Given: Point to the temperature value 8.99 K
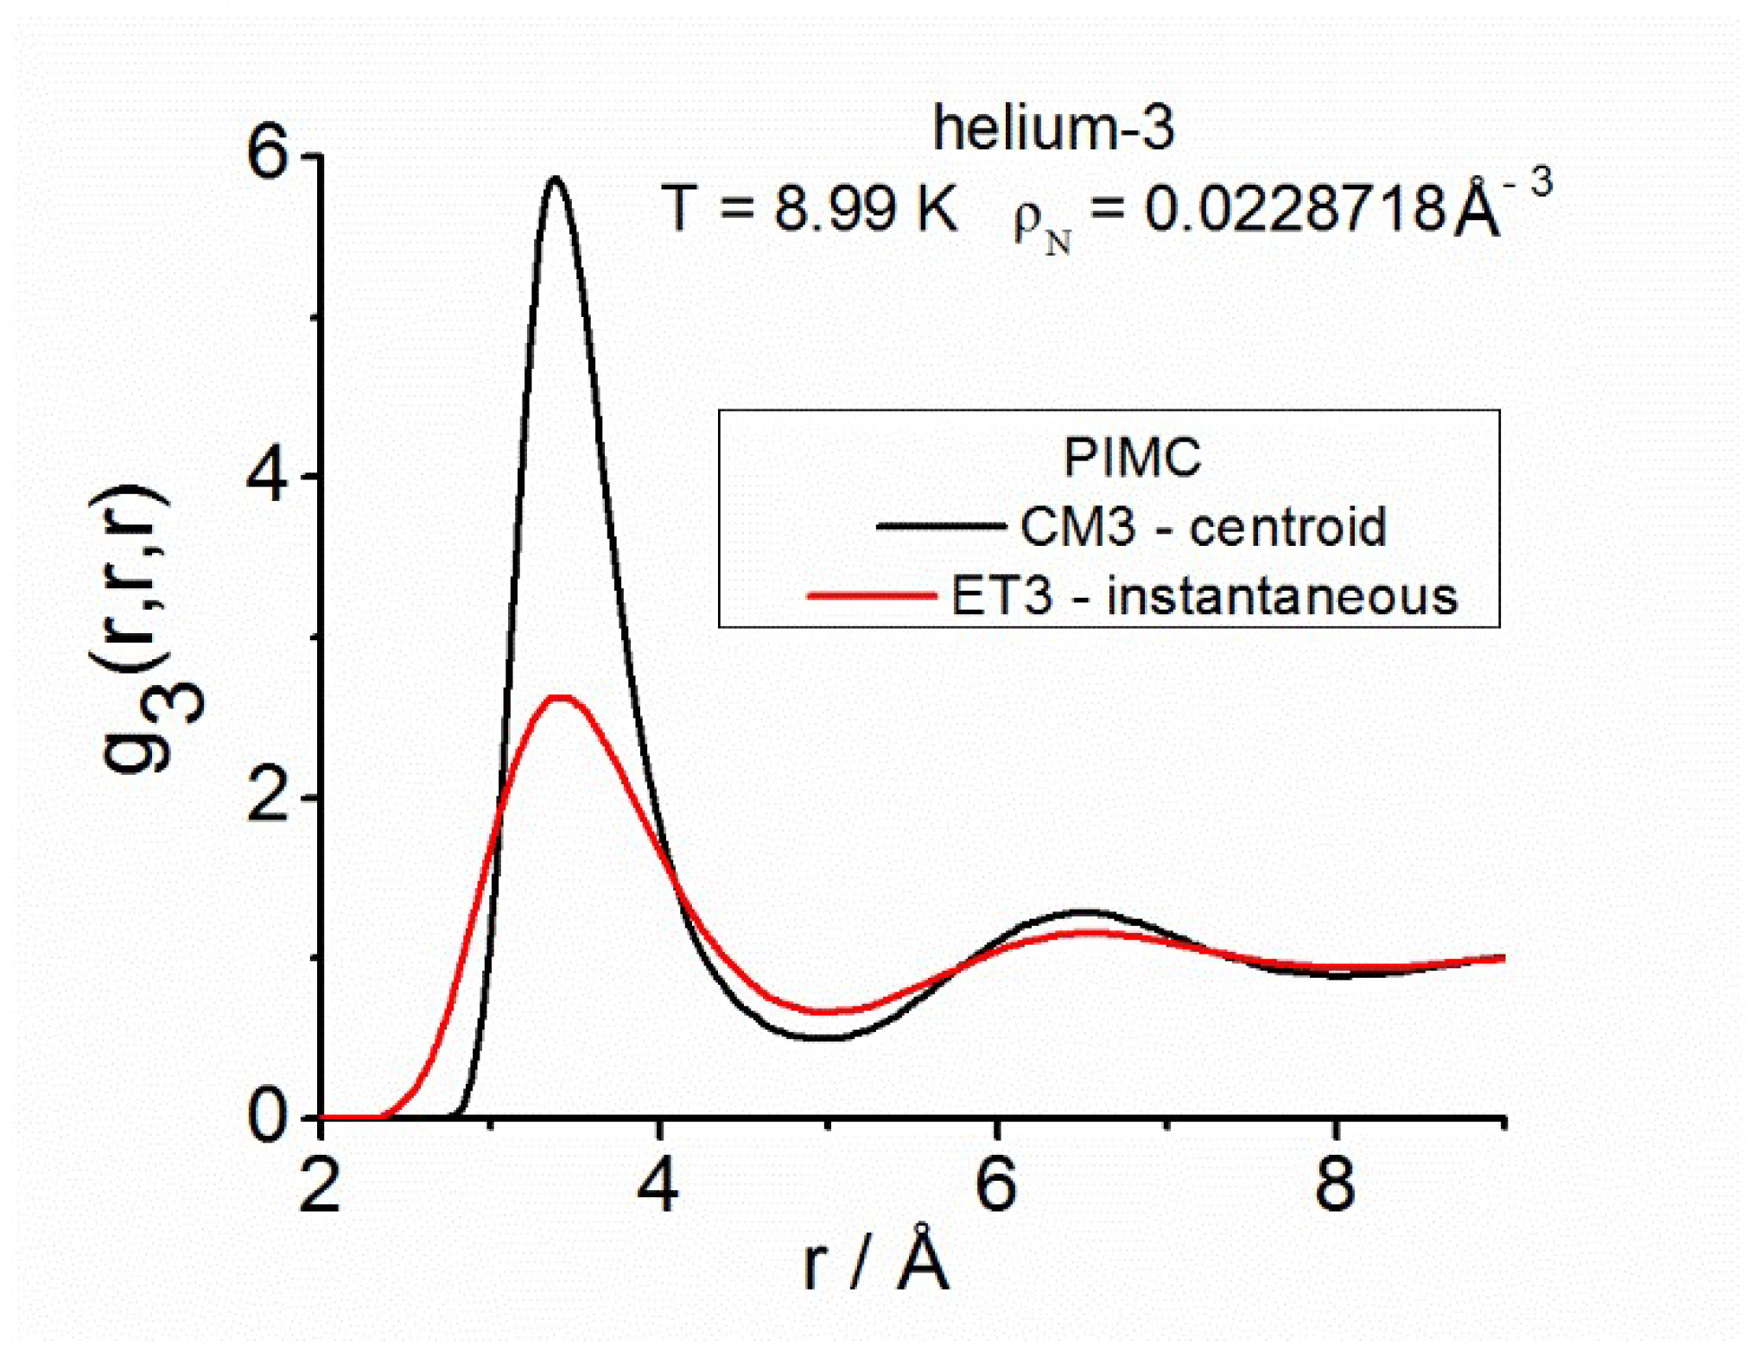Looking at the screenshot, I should click(865, 209).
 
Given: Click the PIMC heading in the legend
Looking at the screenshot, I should click(1131, 457).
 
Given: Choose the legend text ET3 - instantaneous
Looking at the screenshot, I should click(1204, 596).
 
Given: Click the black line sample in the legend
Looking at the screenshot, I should click(941, 525).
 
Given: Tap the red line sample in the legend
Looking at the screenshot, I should click(872, 595).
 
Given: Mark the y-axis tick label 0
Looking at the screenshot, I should click(267, 1118).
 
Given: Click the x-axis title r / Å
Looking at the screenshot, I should click(875, 1262).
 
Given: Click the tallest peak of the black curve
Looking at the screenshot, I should click(555, 180).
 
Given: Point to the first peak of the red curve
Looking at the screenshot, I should click(562, 697).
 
